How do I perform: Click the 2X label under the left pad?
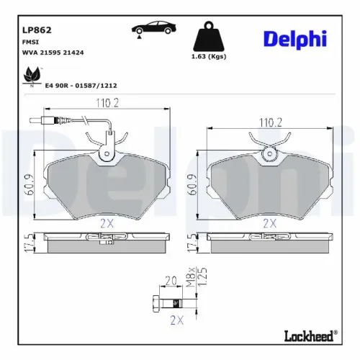tap(107, 223)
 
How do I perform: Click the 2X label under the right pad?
tap(270, 223)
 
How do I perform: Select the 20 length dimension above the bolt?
tap(171, 282)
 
